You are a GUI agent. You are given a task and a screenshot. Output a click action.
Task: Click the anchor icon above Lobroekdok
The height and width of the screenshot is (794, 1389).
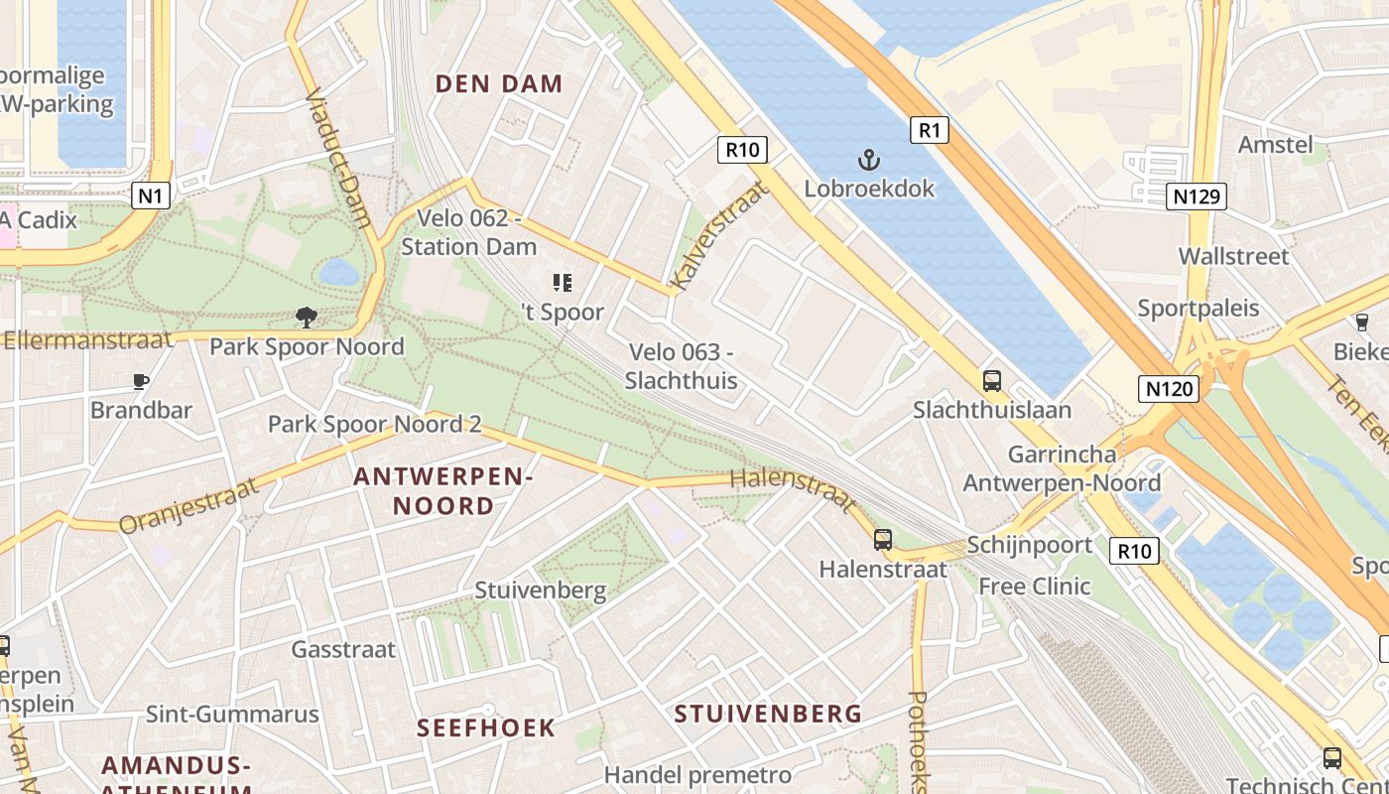[x=869, y=160]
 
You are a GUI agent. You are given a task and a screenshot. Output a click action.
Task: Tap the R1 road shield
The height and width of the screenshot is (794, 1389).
[x=929, y=129]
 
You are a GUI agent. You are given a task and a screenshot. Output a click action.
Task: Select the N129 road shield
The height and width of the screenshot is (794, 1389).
[x=1197, y=197]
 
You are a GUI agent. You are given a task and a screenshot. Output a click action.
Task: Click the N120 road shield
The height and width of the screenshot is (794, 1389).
[x=1169, y=388]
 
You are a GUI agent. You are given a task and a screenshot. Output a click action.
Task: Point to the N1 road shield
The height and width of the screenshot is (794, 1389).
[x=150, y=196]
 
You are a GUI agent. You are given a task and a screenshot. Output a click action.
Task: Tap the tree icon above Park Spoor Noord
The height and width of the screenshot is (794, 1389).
[x=307, y=318]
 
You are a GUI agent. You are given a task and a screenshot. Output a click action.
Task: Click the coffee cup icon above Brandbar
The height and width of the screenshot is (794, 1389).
[x=141, y=381]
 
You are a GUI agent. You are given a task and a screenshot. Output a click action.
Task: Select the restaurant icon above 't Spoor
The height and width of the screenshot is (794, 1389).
[x=563, y=284]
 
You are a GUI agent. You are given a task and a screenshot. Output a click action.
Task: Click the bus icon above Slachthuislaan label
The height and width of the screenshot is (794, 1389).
[x=991, y=381]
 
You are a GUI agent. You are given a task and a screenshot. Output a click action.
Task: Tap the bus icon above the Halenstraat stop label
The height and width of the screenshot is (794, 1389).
[x=882, y=540]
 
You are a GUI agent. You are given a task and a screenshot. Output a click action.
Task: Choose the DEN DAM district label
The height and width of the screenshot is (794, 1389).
[x=499, y=84]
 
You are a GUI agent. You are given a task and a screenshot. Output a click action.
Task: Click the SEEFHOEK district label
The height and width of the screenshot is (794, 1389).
[x=486, y=728]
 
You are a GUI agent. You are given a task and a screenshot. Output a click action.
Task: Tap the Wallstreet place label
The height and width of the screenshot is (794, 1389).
[x=1233, y=256]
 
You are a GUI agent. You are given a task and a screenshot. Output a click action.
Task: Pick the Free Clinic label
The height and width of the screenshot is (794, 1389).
[x=1035, y=587]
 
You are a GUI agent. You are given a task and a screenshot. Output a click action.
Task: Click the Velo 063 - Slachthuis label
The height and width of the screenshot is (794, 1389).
[x=682, y=366]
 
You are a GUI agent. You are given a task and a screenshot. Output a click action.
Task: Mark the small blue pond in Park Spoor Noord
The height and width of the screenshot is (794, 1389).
[x=338, y=272]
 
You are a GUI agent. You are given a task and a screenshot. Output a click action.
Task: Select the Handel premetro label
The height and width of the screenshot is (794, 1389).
[x=697, y=775]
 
